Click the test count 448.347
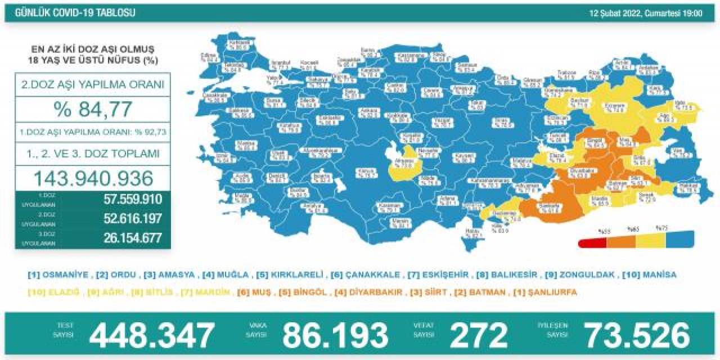[x=152, y=335]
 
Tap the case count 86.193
[x=335, y=335]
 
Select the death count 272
[x=478, y=335]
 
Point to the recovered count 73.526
[x=637, y=335]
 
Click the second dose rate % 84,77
[x=93, y=109]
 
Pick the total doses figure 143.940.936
[x=93, y=178]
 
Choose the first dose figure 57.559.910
[x=133, y=199]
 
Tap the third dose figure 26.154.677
[x=133, y=238]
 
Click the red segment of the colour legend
[x=592, y=242]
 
